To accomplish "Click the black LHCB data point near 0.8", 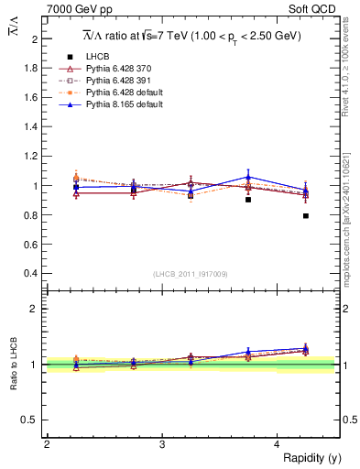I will (305, 216).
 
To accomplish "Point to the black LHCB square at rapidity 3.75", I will (247, 199).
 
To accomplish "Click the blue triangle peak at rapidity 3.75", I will (247, 177).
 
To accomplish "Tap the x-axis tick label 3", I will (161, 444).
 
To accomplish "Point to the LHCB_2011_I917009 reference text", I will (191, 274).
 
